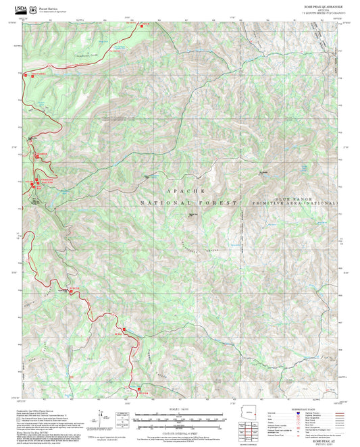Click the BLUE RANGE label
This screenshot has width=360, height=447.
point(294,199)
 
